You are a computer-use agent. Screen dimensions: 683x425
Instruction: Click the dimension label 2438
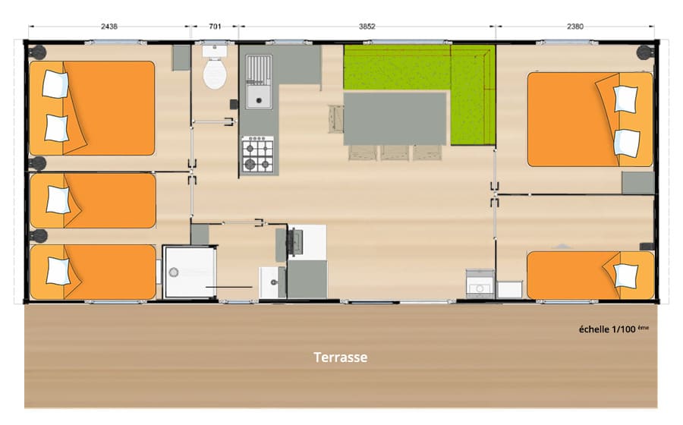point(109,27)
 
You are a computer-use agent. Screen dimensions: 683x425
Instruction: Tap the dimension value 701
point(215,27)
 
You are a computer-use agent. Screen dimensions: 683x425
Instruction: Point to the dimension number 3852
point(367,27)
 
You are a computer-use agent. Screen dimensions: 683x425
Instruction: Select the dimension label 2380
point(575,27)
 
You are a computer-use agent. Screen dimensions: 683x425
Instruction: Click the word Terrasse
point(341,357)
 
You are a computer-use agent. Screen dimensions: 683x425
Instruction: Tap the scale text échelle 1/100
point(607,329)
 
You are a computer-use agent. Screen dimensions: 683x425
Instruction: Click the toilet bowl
point(215,74)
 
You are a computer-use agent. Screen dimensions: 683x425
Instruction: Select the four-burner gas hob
point(258,155)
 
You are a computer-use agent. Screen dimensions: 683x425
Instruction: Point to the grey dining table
point(395,118)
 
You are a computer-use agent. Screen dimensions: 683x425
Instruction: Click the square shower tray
point(190,272)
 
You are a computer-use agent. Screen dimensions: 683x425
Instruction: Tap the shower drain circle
point(174,272)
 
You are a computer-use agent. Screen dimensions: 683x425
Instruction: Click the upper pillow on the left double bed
point(55,84)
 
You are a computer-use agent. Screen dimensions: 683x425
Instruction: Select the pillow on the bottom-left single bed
point(58,271)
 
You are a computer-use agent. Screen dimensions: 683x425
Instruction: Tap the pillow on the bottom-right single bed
point(625,275)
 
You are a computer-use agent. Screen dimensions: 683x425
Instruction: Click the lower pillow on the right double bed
point(627,143)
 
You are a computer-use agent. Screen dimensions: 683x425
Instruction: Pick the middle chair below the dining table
point(395,153)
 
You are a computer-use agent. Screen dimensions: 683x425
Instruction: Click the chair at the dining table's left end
point(336,118)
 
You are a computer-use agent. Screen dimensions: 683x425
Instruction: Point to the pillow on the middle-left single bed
point(58,200)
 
